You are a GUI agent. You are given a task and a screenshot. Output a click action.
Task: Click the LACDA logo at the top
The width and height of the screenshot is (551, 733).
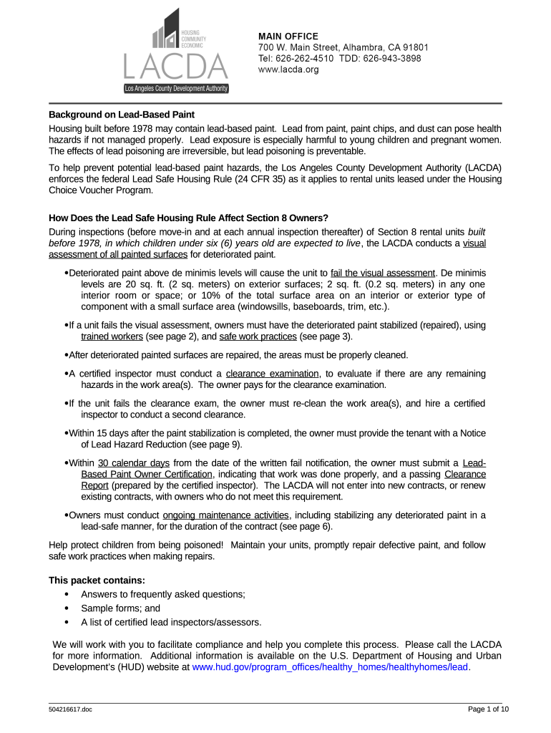tap(175, 52)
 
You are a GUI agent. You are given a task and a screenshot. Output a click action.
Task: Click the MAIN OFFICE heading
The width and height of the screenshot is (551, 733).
tap(288, 37)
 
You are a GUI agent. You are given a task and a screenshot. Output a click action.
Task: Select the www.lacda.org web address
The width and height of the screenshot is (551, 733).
tap(288, 69)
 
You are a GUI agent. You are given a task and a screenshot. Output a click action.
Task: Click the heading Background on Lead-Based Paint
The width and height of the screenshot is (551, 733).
tap(122, 115)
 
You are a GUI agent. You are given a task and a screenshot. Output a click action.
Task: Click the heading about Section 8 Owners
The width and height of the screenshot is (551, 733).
tap(188, 218)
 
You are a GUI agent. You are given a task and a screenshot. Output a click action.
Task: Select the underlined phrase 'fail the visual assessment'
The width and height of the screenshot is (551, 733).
tap(383, 273)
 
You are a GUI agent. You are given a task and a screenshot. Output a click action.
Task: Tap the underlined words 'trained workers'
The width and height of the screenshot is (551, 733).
tap(112, 336)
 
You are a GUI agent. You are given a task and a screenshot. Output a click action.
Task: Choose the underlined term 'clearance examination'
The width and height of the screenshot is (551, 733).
tap(273, 374)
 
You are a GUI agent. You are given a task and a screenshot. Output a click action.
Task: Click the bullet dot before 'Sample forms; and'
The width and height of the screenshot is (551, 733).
tap(67, 608)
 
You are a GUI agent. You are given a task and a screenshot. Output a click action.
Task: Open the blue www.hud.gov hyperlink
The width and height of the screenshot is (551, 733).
tap(331, 666)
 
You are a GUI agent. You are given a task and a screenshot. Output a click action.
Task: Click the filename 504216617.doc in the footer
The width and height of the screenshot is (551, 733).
tap(71, 710)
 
